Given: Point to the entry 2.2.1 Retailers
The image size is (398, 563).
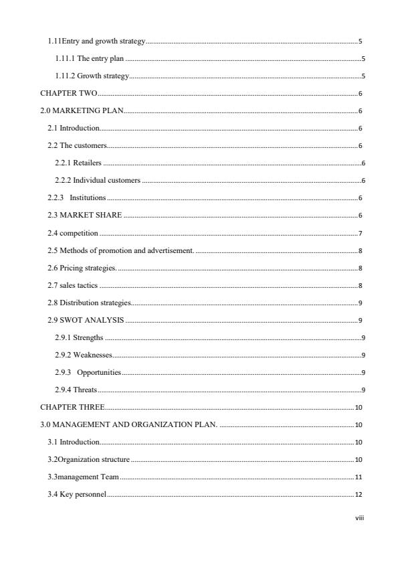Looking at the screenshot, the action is click(78, 163).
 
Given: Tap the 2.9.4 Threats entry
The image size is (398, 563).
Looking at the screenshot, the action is click(76, 390).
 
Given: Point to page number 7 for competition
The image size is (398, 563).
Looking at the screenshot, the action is click(360, 233).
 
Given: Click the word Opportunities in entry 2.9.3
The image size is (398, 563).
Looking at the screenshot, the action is click(98, 372).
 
